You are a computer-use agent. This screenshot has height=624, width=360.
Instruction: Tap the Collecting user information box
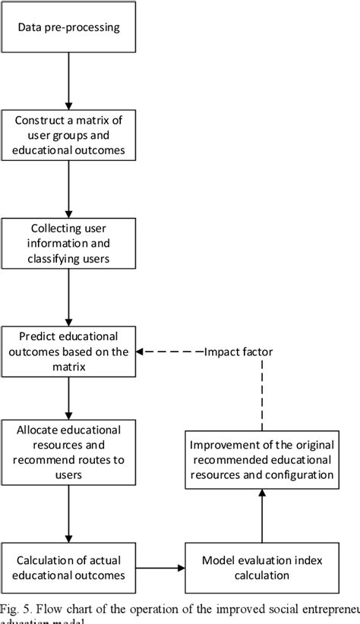(x=69, y=242)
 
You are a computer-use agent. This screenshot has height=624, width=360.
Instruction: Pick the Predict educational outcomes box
(x=69, y=351)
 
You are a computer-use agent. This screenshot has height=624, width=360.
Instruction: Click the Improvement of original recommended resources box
(x=262, y=460)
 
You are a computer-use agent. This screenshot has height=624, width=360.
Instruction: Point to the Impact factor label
(x=240, y=351)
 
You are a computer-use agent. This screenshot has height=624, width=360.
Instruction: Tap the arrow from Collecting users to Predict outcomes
(x=69, y=296)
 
